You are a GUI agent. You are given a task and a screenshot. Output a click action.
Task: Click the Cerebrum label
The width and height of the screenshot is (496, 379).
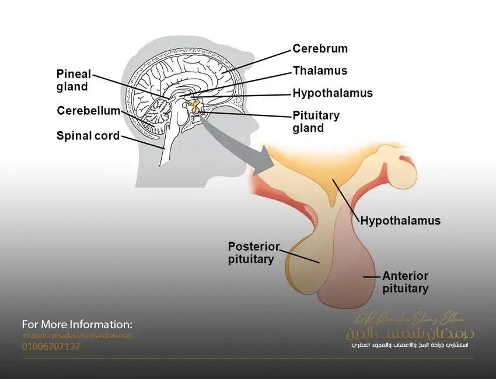(x=320, y=49)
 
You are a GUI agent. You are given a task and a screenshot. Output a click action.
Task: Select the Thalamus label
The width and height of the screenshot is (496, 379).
(x=320, y=71)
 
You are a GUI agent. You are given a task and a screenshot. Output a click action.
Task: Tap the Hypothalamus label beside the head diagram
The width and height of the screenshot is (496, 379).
(x=333, y=93)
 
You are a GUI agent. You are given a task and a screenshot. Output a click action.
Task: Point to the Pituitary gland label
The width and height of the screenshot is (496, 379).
(x=316, y=122)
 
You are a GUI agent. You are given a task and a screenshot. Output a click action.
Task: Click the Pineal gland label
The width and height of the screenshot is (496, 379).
(x=74, y=80)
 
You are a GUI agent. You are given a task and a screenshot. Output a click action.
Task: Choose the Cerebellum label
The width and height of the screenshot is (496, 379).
(x=88, y=111)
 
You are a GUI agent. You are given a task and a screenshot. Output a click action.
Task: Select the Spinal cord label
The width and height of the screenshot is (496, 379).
(x=88, y=136)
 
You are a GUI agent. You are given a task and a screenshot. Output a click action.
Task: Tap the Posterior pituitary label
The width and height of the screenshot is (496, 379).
(x=253, y=253)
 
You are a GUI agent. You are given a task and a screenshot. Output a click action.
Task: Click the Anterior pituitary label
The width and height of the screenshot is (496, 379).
(x=405, y=282)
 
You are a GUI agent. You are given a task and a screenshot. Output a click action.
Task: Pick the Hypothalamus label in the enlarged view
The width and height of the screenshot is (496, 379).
(x=400, y=221)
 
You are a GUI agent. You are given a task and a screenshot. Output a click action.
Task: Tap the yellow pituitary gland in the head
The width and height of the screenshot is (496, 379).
(x=194, y=107)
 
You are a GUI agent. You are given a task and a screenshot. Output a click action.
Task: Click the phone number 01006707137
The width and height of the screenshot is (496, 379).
(x=51, y=346)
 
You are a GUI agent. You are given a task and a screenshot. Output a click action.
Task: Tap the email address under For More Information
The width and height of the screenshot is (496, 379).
(x=77, y=336)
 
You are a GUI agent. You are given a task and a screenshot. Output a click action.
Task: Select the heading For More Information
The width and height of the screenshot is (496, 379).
(x=77, y=324)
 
